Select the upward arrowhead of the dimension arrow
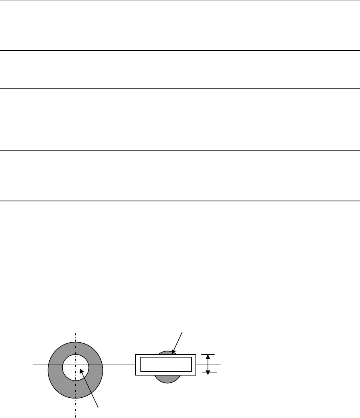208,357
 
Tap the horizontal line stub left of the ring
40,364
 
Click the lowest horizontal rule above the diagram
180,201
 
